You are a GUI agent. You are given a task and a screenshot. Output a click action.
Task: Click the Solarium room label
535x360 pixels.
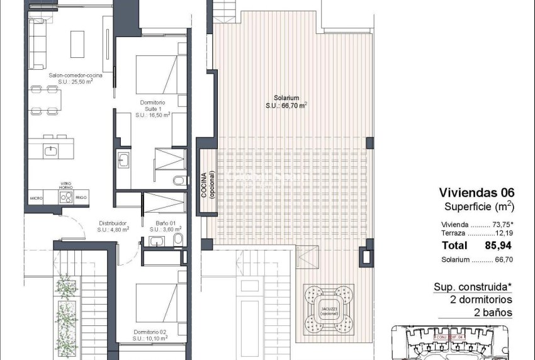point(286,101)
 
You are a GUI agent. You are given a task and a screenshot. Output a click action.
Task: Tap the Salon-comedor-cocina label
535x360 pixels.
point(76,78)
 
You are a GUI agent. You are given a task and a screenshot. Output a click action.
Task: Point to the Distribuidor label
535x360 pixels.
point(113,225)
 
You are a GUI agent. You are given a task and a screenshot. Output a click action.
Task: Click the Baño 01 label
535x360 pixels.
point(166,225)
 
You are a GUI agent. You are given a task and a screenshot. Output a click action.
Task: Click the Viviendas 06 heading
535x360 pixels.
point(476,193)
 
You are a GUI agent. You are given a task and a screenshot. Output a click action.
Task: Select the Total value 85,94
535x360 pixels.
point(495,245)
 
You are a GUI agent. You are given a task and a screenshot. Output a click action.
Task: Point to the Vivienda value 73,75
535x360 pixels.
point(500,224)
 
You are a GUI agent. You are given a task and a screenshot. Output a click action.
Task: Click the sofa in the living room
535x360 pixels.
point(37,44)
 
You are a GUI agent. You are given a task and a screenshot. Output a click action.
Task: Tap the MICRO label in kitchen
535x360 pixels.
point(36,198)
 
